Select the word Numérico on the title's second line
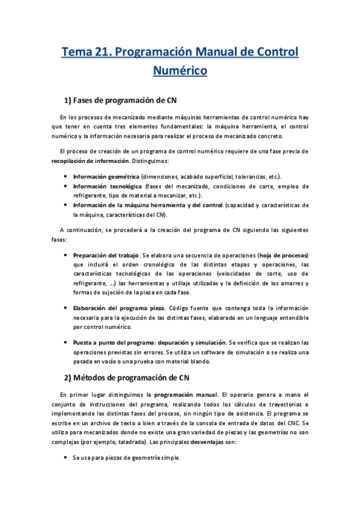click(x=180, y=70)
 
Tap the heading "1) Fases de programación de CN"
click(x=120, y=99)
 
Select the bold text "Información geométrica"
click(x=106, y=177)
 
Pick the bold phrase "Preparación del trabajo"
click(x=106, y=255)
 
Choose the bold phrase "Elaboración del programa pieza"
click(x=119, y=308)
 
